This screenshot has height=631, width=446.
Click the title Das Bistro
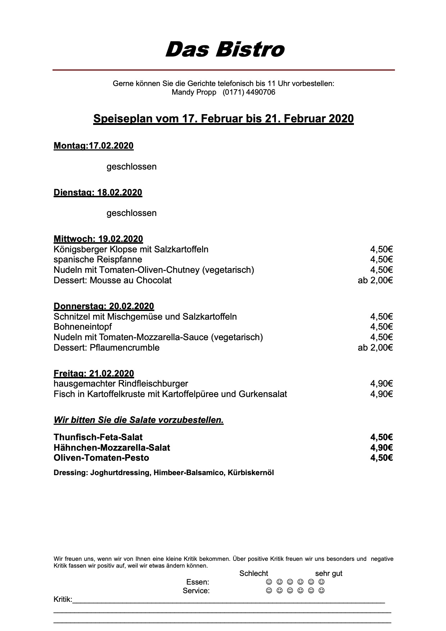(x=225, y=49)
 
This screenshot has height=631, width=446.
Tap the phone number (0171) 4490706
(x=249, y=92)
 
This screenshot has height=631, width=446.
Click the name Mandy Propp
(x=194, y=92)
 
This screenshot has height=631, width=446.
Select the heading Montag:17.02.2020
(x=94, y=146)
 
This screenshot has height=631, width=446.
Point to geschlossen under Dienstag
(x=132, y=213)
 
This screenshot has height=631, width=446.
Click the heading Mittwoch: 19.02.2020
(x=98, y=239)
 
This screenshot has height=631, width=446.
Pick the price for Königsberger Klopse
(x=381, y=249)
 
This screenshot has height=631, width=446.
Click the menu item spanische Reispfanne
(x=98, y=260)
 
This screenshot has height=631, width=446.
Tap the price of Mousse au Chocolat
(x=375, y=280)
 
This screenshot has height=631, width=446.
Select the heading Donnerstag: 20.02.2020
(x=104, y=306)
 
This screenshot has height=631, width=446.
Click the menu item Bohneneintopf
(x=83, y=327)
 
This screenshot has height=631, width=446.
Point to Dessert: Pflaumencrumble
(x=106, y=348)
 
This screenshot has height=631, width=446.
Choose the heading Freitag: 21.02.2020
(x=94, y=374)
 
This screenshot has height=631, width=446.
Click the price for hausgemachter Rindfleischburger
(x=381, y=384)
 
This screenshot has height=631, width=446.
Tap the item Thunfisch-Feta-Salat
(x=98, y=437)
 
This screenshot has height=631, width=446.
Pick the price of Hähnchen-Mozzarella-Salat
(x=381, y=448)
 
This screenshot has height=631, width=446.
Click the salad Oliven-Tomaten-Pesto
(x=101, y=458)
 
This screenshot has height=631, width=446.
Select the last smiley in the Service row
(x=322, y=591)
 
